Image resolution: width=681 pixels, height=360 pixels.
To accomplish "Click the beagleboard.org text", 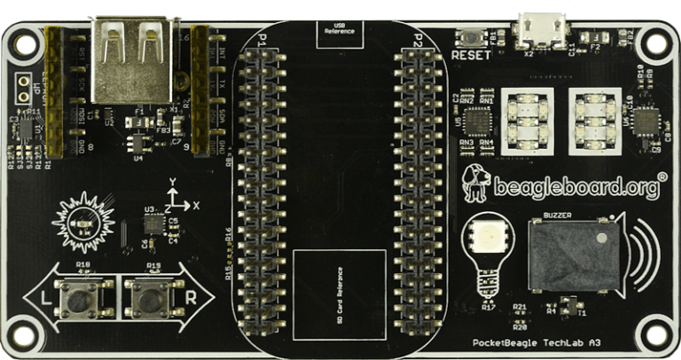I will point(575,187).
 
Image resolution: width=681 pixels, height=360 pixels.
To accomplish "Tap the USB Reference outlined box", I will point(340,31).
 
